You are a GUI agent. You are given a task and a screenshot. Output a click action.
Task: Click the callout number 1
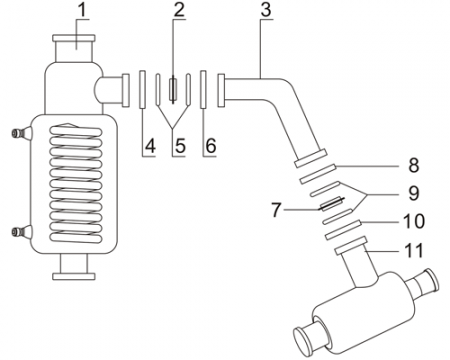tap(84, 13)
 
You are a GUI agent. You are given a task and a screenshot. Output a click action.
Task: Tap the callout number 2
tap(178, 13)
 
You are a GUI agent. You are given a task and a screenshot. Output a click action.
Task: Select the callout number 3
tap(264, 13)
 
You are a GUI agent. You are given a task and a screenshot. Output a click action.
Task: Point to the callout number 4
tap(149, 146)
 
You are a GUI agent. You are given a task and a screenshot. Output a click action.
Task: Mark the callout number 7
tap(278, 209)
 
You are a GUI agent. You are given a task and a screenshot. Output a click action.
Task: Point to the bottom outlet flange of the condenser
tap(79, 267)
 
